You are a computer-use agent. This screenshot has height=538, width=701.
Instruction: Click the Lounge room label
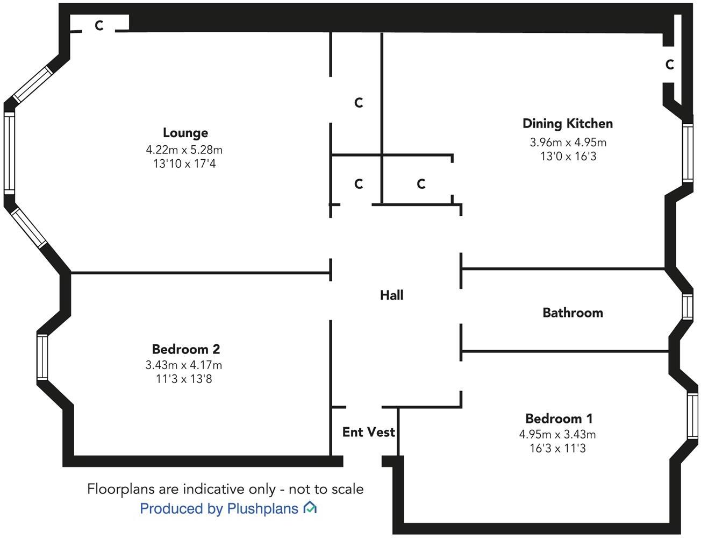pyautogui.click(x=185, y=132)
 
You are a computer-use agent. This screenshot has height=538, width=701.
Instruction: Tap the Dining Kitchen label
pyautogui.click(x=568, y=123)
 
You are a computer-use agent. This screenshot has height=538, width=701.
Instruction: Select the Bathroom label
pyautogui.click(x=573, y=313)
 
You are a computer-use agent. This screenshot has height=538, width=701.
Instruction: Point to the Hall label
pyautogui.click(x=391, y=295)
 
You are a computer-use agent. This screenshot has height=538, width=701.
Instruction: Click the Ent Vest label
pyautogui.click(x=368, y=431)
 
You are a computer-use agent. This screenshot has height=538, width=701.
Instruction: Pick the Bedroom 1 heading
pyautogui.click(x=559, y=418)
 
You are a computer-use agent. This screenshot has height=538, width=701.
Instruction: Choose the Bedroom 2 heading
pyautogui.click(x=185, y=349)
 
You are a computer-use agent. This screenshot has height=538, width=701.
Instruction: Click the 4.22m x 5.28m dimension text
pyautogui.click(x=184, y=150)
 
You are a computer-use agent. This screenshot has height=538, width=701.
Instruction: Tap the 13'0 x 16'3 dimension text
pyautogui.click(x=568, y=157)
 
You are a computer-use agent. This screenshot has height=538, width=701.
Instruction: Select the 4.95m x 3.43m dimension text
pyautogui.click(x=557, y=434)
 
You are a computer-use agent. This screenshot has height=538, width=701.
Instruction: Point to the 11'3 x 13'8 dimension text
pyautogui.click(x=184, y=379)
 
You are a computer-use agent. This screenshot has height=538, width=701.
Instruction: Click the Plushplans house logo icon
pyautogui.click(x=310, y=507)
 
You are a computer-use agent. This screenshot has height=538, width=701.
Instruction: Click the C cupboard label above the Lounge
pyautogui.click(x=99, y=25)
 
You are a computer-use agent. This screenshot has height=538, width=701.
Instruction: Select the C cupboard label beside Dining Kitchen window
pyautogui.click(x=669, y=65)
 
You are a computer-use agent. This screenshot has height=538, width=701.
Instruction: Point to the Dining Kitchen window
pyautogui.click(x=688, y=153)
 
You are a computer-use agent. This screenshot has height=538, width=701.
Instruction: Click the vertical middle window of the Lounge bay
pyautogui.click(x=9, y=153)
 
